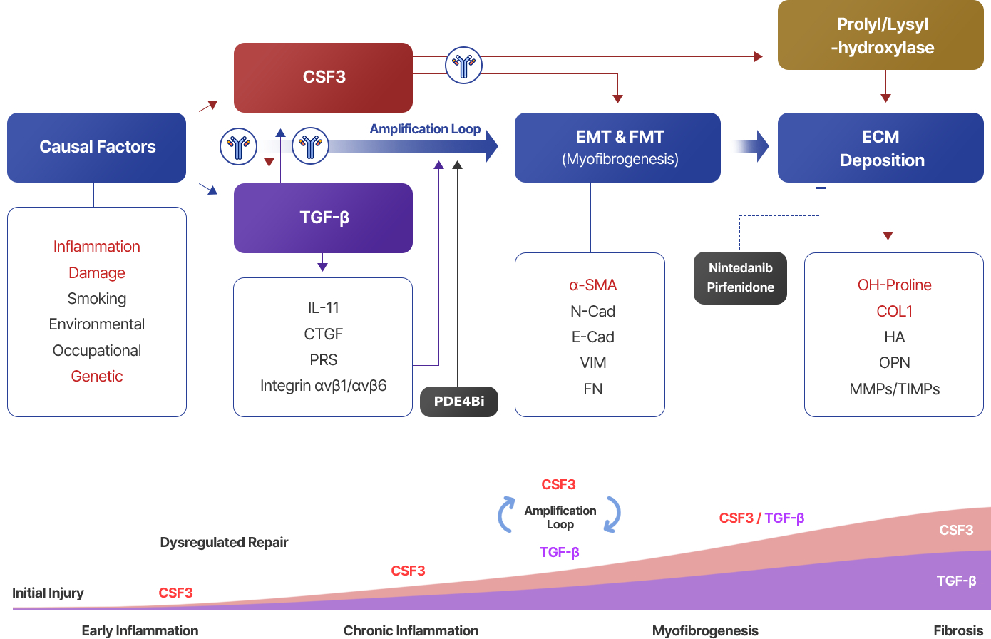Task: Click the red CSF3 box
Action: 324,77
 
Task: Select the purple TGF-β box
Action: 324,218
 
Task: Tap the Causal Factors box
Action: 97,147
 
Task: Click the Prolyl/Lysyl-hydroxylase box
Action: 881,36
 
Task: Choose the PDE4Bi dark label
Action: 459,402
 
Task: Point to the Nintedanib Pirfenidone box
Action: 740,277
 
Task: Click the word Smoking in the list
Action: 97,299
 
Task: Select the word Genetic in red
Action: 97,377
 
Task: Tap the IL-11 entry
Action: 324,308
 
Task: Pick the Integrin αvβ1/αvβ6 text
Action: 324,386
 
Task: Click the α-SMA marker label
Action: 592,285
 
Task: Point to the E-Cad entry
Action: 592,337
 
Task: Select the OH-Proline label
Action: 894,285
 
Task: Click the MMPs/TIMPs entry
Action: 894,389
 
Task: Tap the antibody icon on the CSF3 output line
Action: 463,66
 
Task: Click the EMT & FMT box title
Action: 620,137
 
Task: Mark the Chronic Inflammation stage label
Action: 411,630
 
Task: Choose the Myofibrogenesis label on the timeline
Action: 705,630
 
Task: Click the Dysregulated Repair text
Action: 224,543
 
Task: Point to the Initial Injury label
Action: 48,593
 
